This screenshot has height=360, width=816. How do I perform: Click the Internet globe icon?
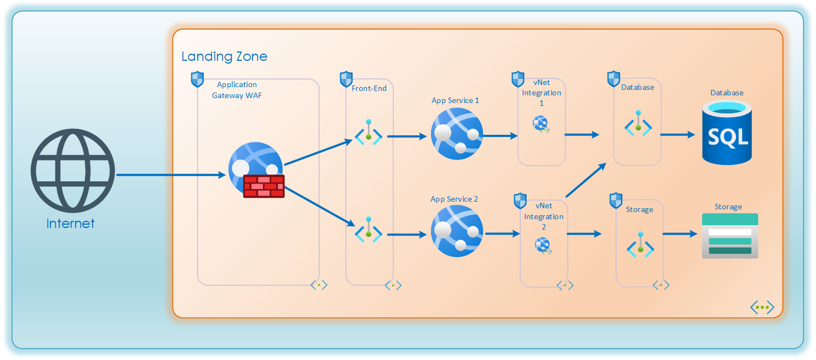72,171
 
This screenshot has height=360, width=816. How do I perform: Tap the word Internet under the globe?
71,224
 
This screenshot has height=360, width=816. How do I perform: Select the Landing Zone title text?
225,56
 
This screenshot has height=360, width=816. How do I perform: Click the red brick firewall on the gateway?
264,186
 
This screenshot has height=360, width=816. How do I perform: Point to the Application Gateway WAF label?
237,90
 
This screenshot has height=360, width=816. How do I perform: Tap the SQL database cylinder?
727,134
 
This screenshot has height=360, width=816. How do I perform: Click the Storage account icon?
730,236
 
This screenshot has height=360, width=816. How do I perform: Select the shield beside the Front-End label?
346,79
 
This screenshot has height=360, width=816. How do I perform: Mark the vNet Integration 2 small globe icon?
543,246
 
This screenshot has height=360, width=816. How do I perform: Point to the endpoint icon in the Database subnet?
638,125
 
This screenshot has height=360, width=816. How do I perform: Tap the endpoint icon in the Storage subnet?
640,246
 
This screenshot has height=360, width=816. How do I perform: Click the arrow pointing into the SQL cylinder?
677,134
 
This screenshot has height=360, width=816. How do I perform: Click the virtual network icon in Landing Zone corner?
762,307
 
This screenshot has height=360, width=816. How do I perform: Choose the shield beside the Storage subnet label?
616,200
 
